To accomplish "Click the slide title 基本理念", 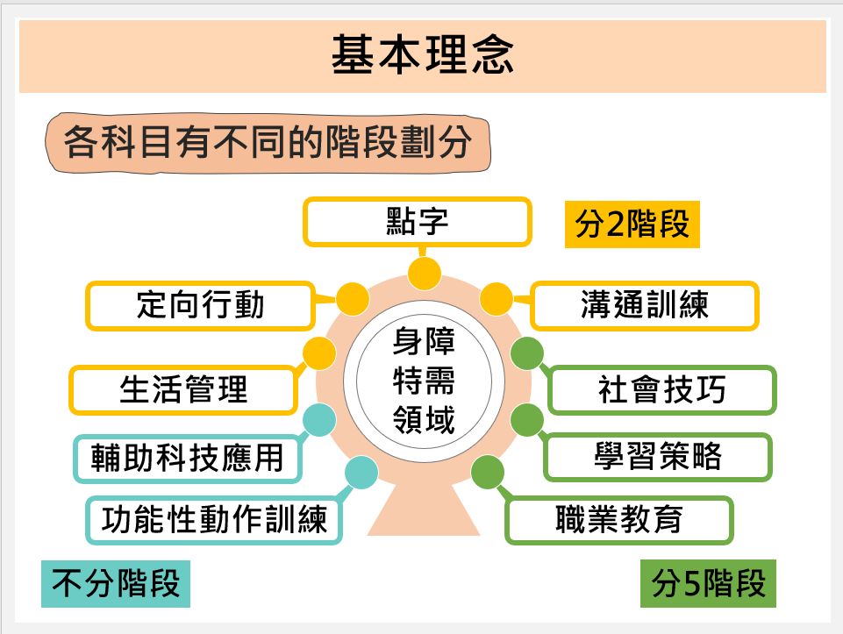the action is click(x=423, y=54).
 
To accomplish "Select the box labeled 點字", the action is click(x=418, y=222).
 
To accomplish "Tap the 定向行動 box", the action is click(x=200, y=305).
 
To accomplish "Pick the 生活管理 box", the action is click(x=183, y=389).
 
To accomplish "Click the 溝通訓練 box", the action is click(x=645, y=305).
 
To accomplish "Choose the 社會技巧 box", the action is click(x=662, y=389).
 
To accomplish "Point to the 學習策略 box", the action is click(x=658, y=457).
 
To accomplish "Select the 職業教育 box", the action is click(x=619, y=520).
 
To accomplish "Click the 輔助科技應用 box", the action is click(x=188, y=459).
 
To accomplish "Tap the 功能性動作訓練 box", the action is click(x=214, y=520).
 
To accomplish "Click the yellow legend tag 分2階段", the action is click(x=632, y=224).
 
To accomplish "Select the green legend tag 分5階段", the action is click(x=708, y=583).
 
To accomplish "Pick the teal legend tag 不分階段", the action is click(x=116, y=583).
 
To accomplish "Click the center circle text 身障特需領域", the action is click(x=424, y=381).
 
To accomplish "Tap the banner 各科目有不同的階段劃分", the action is click(x=268, y=143).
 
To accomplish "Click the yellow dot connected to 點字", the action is click(x=425, y=274).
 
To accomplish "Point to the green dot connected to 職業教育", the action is click(x=488, y=473).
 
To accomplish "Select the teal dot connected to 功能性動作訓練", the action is click(x=361, y=473).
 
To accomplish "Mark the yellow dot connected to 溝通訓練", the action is click(x=496, y=299).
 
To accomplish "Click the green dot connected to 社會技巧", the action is click(x=527, y=353).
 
